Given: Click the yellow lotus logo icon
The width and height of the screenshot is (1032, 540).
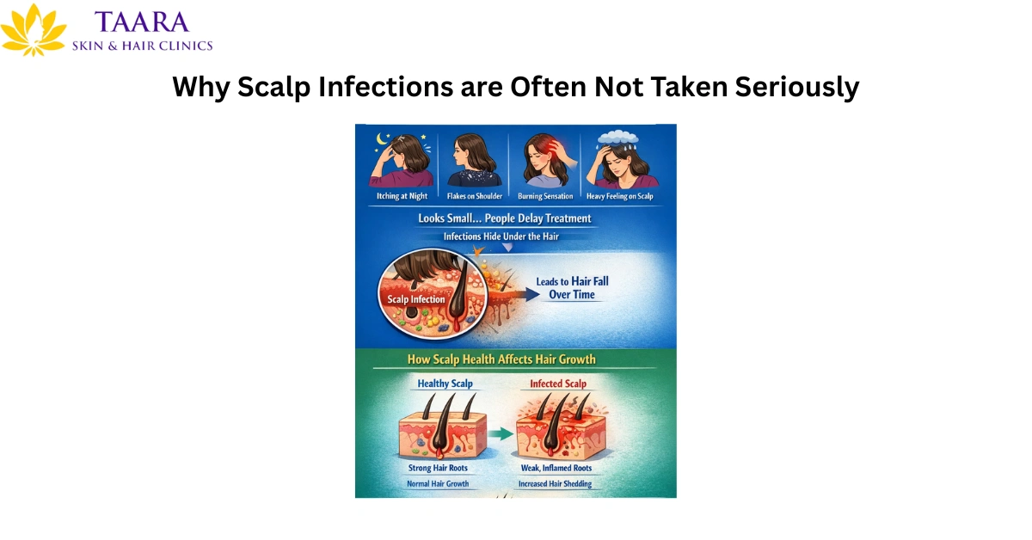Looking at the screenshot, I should (x=34, y=31).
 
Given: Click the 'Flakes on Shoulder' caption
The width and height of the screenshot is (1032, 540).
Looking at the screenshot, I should (x=474, y=196).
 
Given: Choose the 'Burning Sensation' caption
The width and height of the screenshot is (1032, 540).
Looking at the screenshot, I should (x=545, y=196).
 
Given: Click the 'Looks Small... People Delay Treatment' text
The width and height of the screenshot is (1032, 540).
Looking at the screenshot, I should (x=505, y=218).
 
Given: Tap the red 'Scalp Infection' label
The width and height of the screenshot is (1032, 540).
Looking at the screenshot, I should (x=416, y=299).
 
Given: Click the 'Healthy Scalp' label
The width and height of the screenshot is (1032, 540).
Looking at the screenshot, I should (x=445, y=384).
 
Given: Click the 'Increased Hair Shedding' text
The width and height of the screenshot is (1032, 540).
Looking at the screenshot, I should (x=555, y=484).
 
